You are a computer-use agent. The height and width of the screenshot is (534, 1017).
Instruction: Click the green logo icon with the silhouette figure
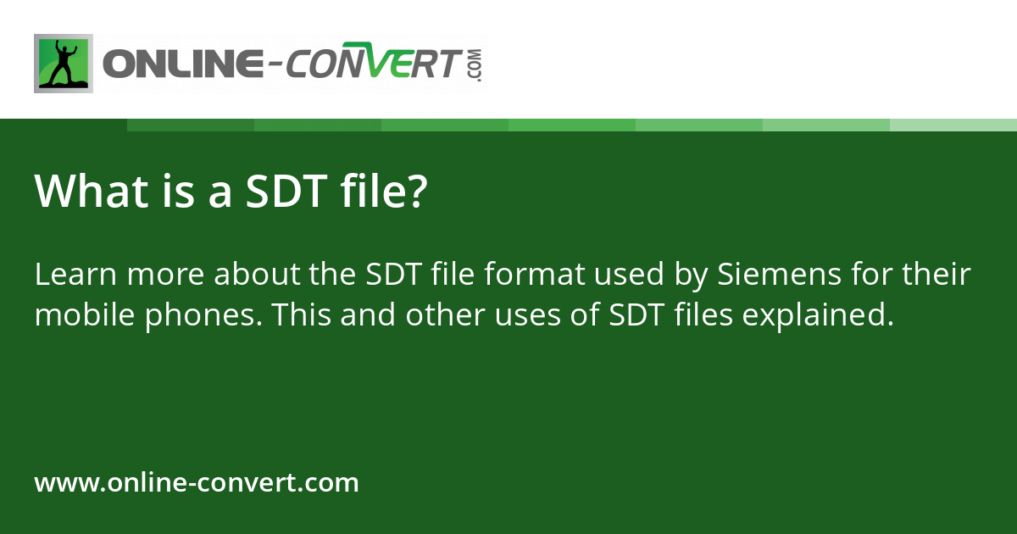click(64, 64)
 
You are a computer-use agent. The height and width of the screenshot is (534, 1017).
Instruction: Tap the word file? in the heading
click(382, 192)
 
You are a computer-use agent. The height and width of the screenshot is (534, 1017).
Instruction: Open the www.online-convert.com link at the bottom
click(197, 483)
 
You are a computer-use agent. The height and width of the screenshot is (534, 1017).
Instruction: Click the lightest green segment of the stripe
click(953, 125)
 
